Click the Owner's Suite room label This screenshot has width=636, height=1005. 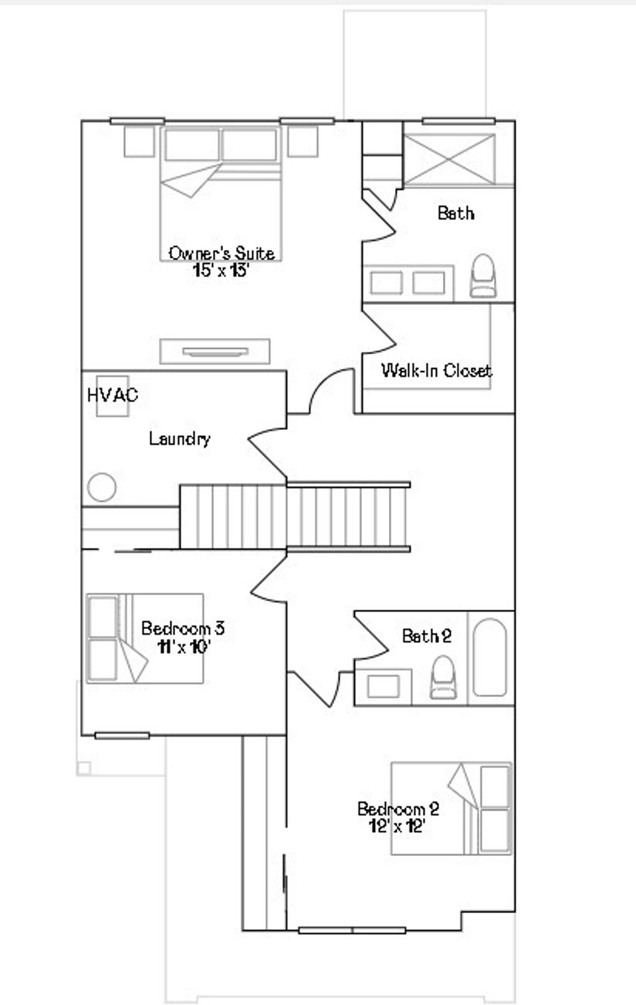click(x=222, y=253)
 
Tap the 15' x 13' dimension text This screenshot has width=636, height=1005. click(x=221, y=270)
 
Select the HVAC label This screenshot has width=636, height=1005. click(x=112, y=395)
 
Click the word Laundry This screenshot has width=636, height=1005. click(x=179, y=439)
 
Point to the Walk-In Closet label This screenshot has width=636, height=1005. click(x=437, y=371)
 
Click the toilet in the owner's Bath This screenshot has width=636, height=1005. click(x=483, y=276)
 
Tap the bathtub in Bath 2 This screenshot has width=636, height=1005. click(x=490, y=657)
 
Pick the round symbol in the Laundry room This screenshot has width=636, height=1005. click(x=102, y=487)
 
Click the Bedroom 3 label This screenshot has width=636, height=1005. click(x=183, y=628)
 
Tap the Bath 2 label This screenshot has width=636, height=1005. click(x=427, y=636)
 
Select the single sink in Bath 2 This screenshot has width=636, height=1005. click(x=383, y=686)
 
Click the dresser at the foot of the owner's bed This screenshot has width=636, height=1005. click(x=215, y=352)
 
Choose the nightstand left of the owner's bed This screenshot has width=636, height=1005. click(x=139, y=142)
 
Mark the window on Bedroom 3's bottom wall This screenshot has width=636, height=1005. click(x=122, y=735)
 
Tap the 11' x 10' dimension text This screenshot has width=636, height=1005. click(x=183, y=647)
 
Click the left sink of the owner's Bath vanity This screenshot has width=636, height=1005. click(x=386, y=283)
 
